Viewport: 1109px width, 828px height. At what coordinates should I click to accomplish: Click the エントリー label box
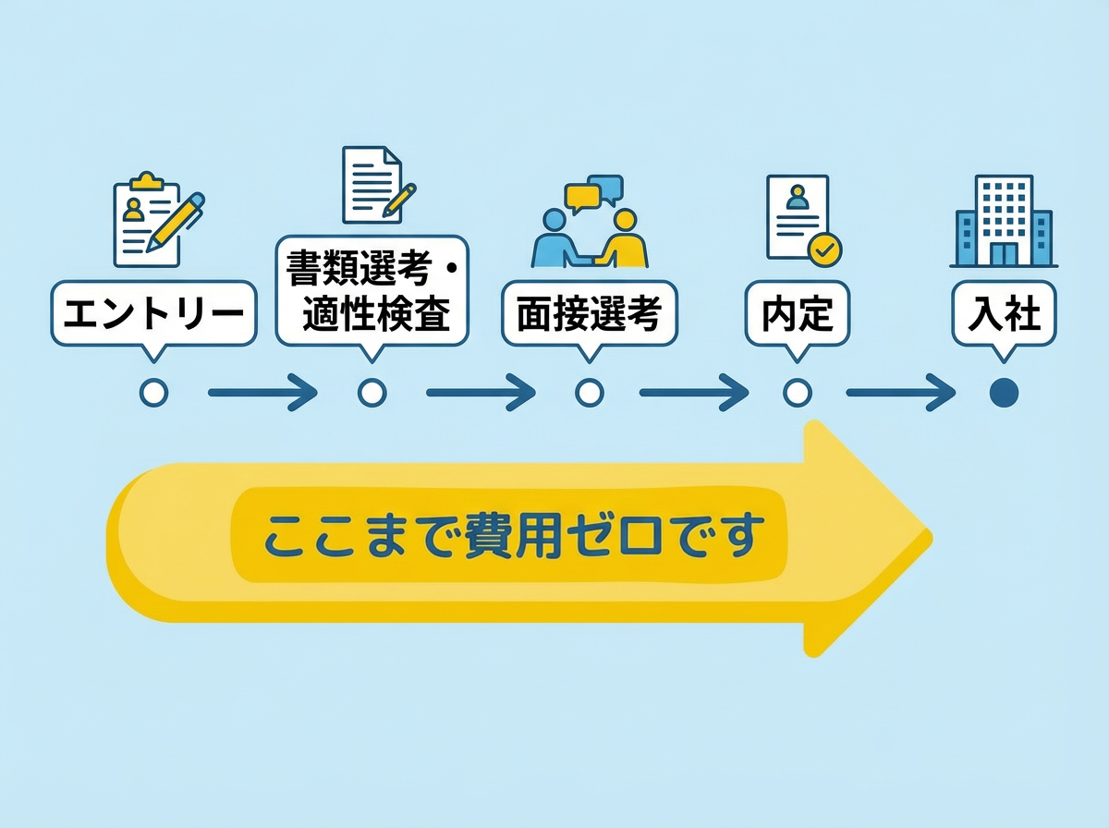pos(152,314)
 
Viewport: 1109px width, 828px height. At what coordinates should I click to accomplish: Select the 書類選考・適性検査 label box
pos(372,290)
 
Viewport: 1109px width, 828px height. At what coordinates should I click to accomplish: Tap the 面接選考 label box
pos(589,314)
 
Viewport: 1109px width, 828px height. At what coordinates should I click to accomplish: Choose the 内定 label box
pos(797,314)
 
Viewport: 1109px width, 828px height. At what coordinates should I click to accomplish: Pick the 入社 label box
pos(1004,314)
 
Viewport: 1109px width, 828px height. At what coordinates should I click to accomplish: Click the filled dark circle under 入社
pos(1004,393)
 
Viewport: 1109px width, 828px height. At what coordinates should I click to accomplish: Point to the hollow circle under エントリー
pos(153,393)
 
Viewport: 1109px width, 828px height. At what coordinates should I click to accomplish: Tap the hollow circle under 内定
pos(797,393)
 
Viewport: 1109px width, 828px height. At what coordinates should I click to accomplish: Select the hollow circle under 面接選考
pos(589,393)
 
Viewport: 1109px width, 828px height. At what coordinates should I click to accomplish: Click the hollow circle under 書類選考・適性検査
pos(372,393)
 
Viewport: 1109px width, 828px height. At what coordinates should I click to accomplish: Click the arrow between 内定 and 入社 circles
pos(900,393)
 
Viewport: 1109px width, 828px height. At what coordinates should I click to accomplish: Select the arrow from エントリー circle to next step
pos(262,393)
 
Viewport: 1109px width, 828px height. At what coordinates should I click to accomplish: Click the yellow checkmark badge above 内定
pos(824,249)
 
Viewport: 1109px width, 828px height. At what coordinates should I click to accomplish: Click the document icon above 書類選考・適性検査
pos(372,185)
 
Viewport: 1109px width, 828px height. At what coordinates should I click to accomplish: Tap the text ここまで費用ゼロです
pos(515,536)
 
